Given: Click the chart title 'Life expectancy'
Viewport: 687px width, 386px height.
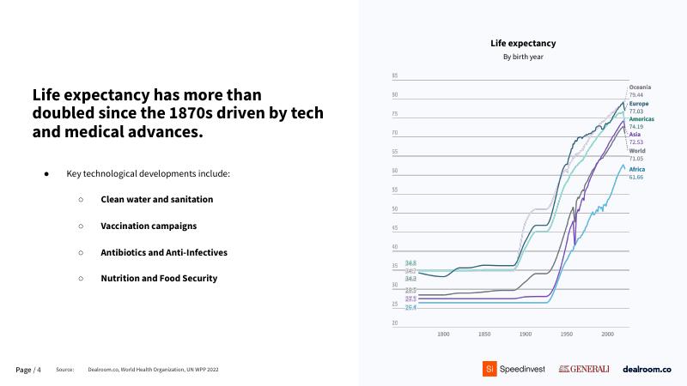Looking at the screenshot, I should pyautogui.click(x=523, y=43).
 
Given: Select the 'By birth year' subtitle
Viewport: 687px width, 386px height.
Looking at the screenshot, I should pyautogui.click(x=523, y=57).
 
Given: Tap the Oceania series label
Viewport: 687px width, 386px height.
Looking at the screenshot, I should pyautogui.click(x=640, y=87).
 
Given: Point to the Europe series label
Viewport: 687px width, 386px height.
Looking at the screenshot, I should pyautogui.click(x=639, y=104).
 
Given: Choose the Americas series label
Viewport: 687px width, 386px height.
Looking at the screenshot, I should pyautogui.click(x=642, y=118).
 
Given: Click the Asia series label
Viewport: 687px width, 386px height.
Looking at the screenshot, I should pyautogui.click(x=635, y=135).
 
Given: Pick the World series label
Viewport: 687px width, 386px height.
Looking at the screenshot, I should pyautogui.click(x=637, y=151).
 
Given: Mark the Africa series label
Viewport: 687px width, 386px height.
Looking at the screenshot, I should pyautogui.click(x=637, y=169).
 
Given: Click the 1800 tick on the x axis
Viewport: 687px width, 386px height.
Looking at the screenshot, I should pyautogui.click(x=444, y=334).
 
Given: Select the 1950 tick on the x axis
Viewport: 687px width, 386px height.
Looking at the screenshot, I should pyautogui.click(x=566, y=334).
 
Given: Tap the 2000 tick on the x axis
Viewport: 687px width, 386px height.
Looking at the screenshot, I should pyautogui.click(x=607, y=334).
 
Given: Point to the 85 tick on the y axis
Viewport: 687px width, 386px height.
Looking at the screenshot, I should pyautogui.click(x=394, y=76).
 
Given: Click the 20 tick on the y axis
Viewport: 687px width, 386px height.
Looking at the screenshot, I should pyautogui.click(x=394, y=323).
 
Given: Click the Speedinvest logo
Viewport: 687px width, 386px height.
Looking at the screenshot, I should pyautogui.click(x=512, y=369).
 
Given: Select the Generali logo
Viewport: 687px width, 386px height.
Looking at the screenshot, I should pyautogui.click(x=584, y=369).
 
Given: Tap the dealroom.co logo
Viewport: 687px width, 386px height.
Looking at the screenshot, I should pyautogui.click(x=647, y=369).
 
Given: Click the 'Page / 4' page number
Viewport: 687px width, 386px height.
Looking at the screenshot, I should pyautogui.click(x=28, y=370).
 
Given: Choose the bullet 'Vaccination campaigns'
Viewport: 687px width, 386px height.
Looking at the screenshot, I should pyautogui.click(x=149, y=226).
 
